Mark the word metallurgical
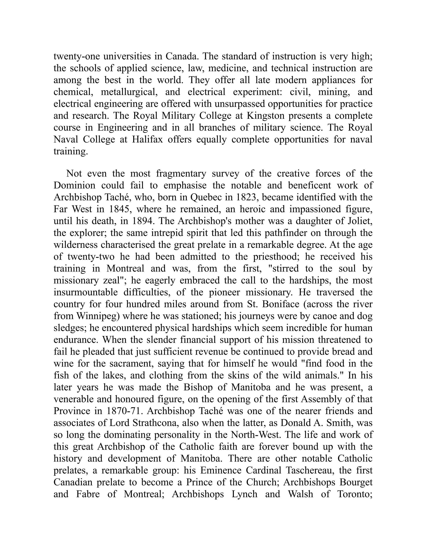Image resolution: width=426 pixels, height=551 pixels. (128, 92)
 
